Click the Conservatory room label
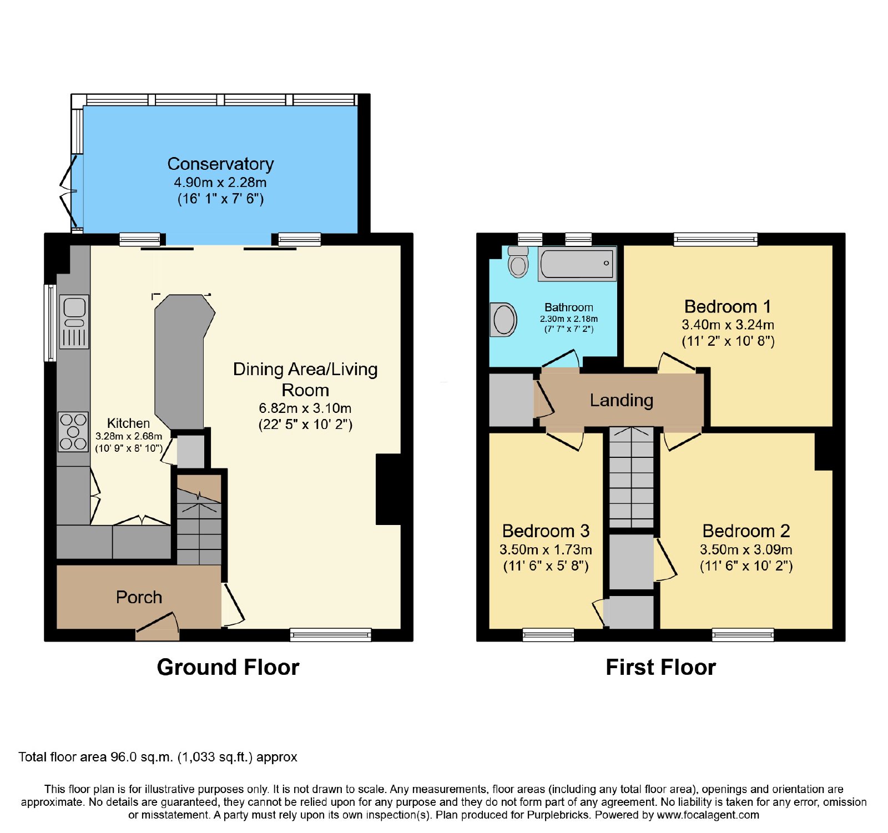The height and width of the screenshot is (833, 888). tap(220, 164)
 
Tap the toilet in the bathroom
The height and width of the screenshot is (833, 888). tap(518, 261)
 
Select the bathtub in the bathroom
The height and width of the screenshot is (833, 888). tap(577, 264)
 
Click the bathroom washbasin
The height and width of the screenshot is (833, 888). tap(503, 320)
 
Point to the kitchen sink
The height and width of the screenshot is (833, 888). tap(74, 321)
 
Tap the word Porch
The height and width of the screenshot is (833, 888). tap(139, 597)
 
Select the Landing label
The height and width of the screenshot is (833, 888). tap(621, 400)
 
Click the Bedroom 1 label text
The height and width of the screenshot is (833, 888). tap(728, 306)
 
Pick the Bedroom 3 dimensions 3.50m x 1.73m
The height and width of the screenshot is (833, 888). tap(546, 549)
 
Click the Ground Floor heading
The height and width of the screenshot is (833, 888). tap(228, 667)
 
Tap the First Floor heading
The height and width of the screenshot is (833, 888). tap(660, 667)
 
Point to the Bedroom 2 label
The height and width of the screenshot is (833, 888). tap(746, 531)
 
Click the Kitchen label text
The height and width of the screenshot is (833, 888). tap(128, 423)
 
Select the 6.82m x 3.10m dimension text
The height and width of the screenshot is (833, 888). tap(305, 408)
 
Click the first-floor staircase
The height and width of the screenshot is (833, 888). tap(632, 477)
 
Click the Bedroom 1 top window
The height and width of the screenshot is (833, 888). tap(715, 239)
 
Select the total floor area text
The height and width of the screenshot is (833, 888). tap(158, 757)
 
